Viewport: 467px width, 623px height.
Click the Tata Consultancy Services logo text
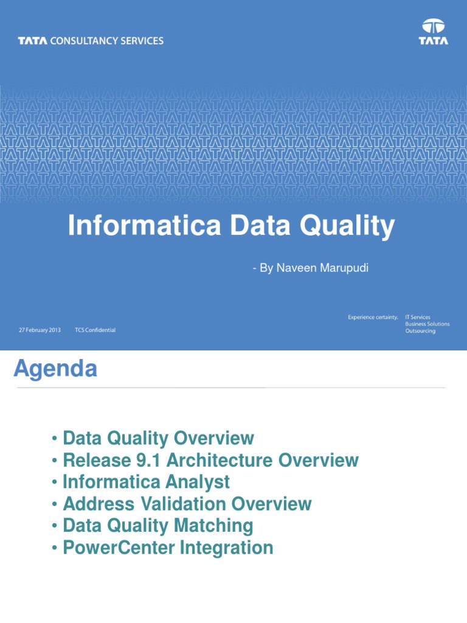[x=91, y=41]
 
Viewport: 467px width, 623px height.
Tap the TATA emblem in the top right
[x=434, y=32]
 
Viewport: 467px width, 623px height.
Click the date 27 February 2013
[x=40, y=330]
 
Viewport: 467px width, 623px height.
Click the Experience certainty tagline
[x=373, y=317]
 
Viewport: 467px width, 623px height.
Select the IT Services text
[x=418, y=317]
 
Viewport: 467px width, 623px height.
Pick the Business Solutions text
[x=427, y=324]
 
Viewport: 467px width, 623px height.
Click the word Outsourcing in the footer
[x=420, y=331]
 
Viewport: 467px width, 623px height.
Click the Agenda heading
[x=55, y=369]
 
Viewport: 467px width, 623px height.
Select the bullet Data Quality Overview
[x=158, y=438]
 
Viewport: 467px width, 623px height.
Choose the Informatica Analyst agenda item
[x=146, y=482]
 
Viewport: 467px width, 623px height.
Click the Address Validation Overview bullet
[x=187, y=504]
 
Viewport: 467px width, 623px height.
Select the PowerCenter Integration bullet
[x=168, y=548]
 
